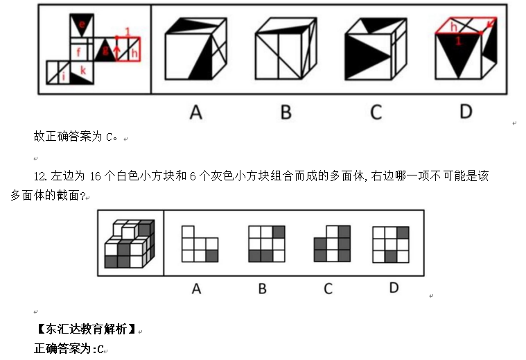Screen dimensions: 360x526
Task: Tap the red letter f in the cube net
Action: [80, 51]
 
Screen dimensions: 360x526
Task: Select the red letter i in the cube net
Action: [64, 77]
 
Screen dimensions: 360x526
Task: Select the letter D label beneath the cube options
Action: [466, 112]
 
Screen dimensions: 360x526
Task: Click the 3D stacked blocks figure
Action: [129, 243]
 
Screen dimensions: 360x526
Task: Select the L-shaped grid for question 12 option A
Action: [200, 243]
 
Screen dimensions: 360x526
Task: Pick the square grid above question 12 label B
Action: [266, 243]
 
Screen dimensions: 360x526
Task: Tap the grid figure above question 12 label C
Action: [332, 243]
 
